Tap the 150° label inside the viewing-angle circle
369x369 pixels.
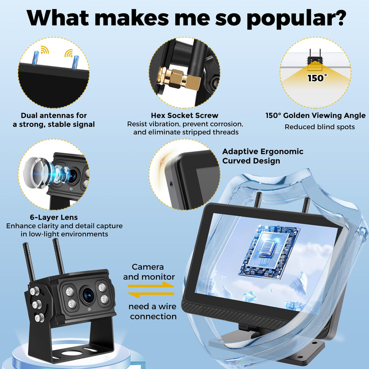(x=317, y=78)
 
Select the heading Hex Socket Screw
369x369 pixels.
(x=184, y=115)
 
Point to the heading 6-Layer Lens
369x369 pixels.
(x=54, y=217)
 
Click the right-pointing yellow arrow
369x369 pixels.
(x=151, y=285)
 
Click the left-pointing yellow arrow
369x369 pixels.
(x=151, y=294)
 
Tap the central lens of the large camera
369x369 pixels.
(x=88, y=295)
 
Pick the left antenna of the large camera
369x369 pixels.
(x=29, y=262)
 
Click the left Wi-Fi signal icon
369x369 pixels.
(x=44, y=50)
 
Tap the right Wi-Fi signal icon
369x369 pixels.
(x=69, y=53)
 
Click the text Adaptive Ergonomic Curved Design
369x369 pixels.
(x=263, y=156)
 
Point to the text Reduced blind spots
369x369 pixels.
(x=320, y=127)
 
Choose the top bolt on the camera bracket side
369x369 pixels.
(x=34, y=291)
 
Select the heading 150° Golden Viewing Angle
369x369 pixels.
(x=315, y=115)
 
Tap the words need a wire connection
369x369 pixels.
(x=152, y=311)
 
